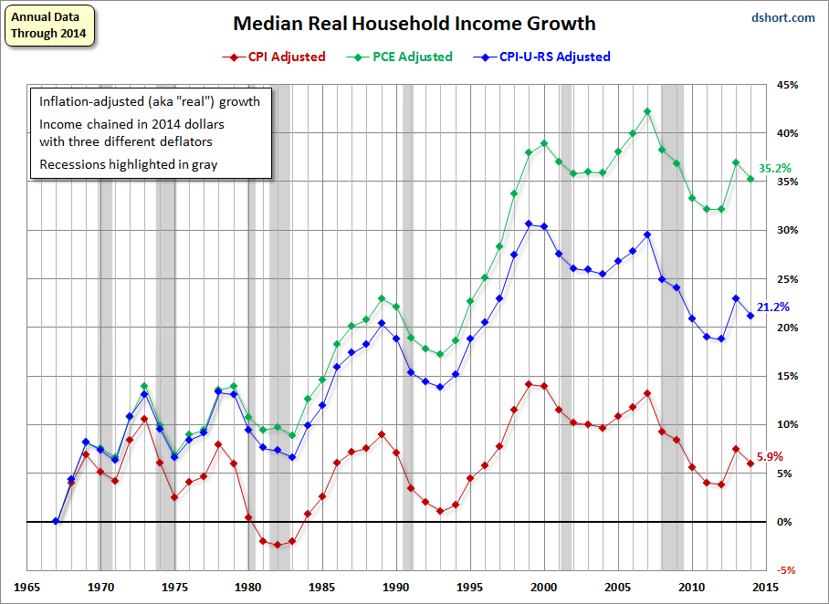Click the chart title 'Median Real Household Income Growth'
[x=414, y=24]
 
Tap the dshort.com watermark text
[x=784, y=17]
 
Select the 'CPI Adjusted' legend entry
[x=279, y=57]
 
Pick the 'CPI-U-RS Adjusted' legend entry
[x=545, y=57]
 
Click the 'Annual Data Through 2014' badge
[x=50, y=26]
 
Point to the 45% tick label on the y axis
[x=787, y=85]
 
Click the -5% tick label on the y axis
[x=787, y=570]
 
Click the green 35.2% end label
[x=774, y=169]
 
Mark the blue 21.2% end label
[x=774, y=307]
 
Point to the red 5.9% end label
[x=771, y=456]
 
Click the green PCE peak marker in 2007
[x=647, y=111]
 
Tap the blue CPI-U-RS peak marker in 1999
[x=529, y=224]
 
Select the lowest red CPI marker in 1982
[x=278, y=545]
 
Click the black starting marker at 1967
[x=56, y=521]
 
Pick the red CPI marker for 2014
[x=750, y=463]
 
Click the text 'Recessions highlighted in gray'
[x=127, y=165]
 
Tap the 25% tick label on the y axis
[x=787, y=279]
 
